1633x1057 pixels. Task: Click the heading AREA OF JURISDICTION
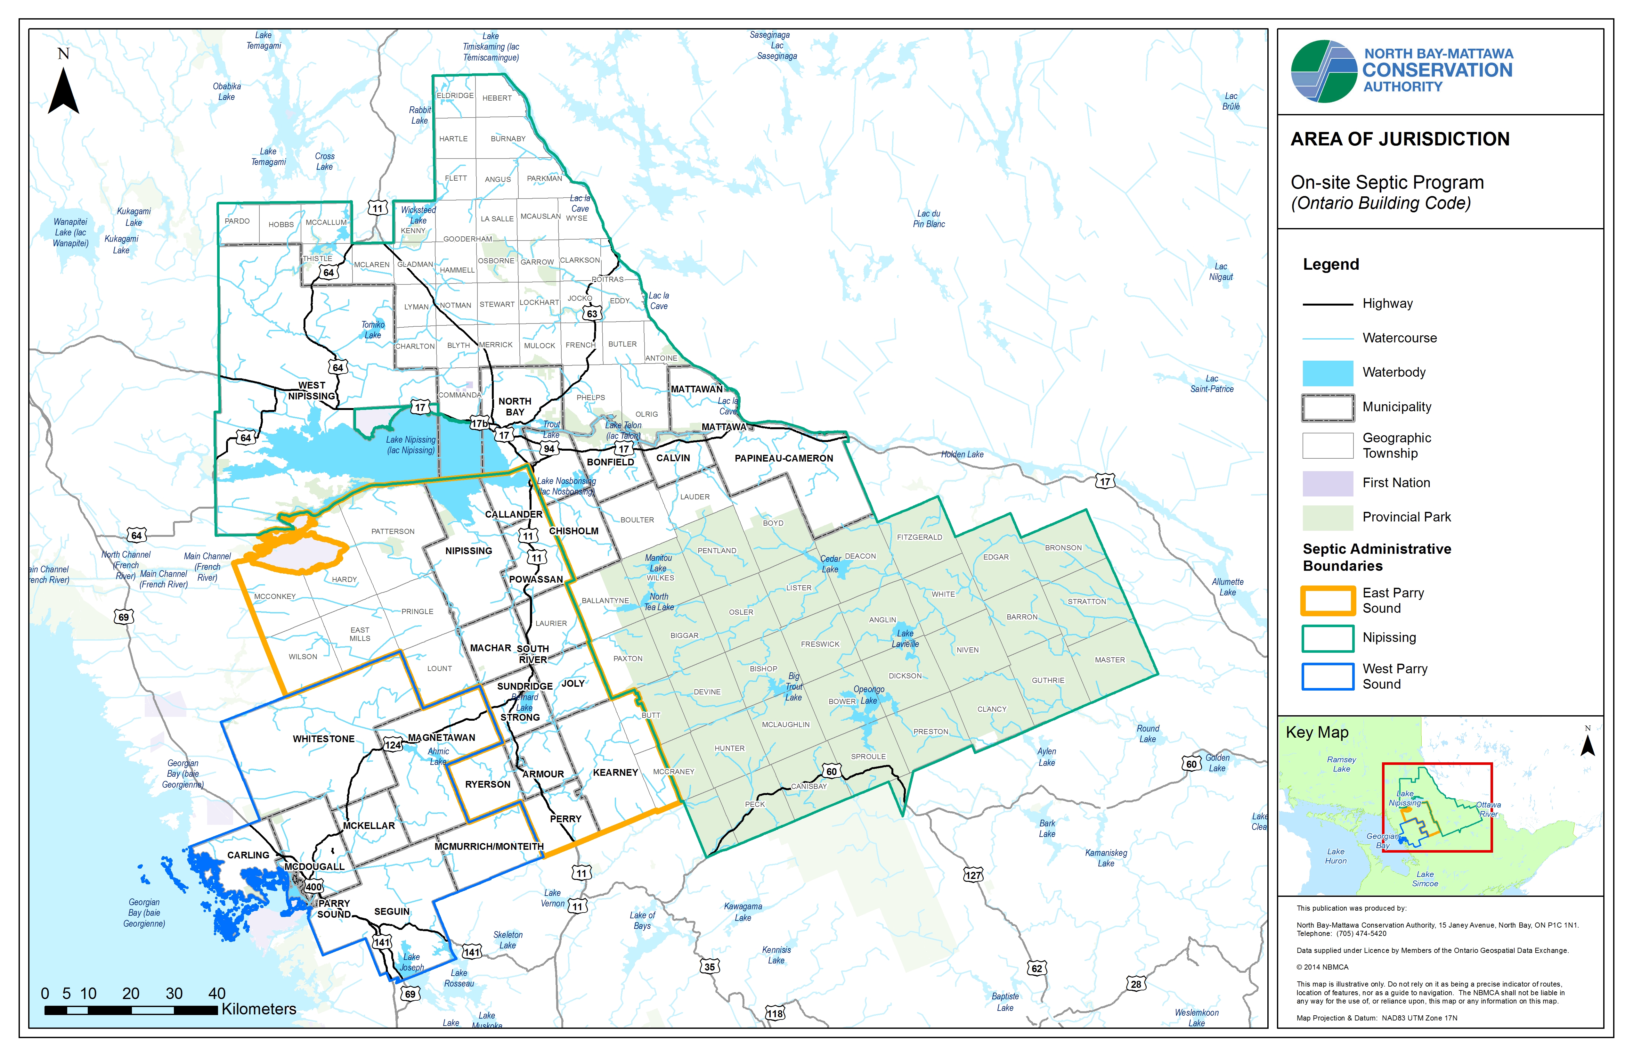tap(1400, 139)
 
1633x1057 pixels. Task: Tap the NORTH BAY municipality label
tap(515, 406)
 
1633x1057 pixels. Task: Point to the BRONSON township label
tap(1063, 548)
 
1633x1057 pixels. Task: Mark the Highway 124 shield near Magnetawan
tap(393, 745)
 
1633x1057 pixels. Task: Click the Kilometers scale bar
tap(130, 1010)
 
